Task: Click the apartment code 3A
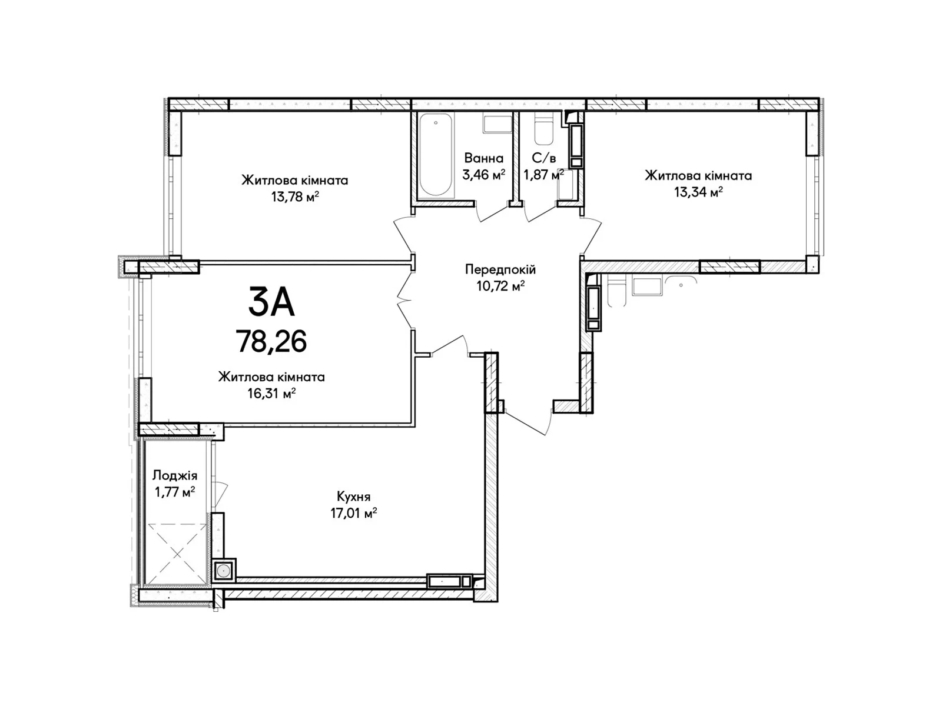coord(271,302)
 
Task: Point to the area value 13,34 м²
coord(698,192)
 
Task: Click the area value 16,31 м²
coord(271,393)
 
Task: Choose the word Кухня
coord(354,497)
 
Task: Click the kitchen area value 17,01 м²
coord(353,513)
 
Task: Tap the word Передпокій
coord(500,270)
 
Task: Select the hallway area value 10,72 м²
coord(500,286)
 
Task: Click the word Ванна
coord(483,158)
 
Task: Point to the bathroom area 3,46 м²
coord(483,175)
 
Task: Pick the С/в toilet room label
coord(544,158)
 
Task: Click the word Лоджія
coord(175,476)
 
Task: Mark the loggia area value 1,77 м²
coord(175,492)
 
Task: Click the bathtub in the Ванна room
coord(436,155)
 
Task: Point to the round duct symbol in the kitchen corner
coord(223,571)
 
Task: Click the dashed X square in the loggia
coord(177,554)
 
